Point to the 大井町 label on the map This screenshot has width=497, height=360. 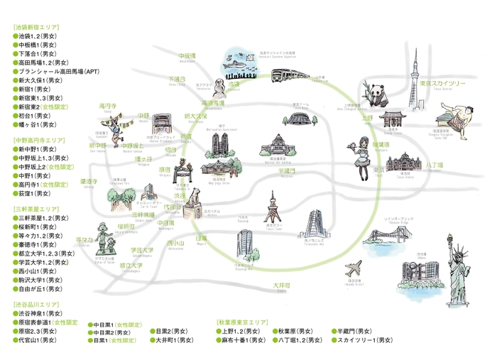pyautogui.click(x=282, y=285)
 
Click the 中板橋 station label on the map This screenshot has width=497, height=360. pyautogui.click(x=187, y=55)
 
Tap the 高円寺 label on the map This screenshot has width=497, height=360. pyautogui.click(x=109, y=105)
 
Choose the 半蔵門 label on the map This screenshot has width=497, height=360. pyautogui.click(x=286, y=171)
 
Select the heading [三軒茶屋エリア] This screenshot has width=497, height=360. pyautogui.click(x=37, y=209)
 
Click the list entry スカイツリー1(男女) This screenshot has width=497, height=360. pyautogui.click(x=365, y=340)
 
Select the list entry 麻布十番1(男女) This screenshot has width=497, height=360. pyautogui.click(x=244, y=340)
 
